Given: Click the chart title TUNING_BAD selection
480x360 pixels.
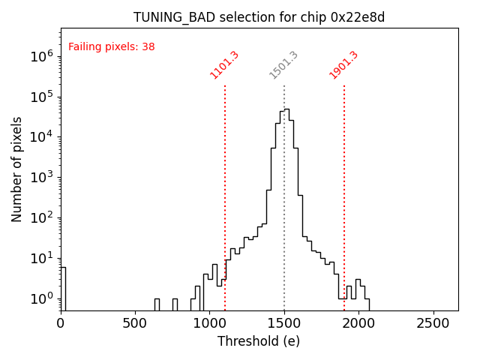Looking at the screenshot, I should pyautogui.click(x=259, y=17).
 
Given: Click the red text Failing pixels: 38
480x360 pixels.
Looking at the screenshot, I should pyautogui.click(x=111, y=46).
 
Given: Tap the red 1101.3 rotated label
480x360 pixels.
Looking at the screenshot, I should pyautogui.click(x=224, y=64).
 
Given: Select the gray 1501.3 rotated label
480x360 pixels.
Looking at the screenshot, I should pyautogui.click(x=283, y=64).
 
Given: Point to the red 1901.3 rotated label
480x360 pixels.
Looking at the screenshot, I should pyautogui.click(x=343, y=64).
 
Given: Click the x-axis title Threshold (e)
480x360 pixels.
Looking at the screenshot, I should pyautogui.click(x=259, y=341).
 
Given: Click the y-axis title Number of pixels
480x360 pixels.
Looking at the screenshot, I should pyautogui.click(x=17, y=169).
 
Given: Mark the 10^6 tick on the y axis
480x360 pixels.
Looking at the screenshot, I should pyautogui.click(x=39, y=56).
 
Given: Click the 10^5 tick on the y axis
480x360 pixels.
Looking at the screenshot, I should pyautogui.click(x=39, y=97).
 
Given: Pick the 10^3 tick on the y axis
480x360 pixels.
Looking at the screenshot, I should pyautogui.click(x=39, y=178).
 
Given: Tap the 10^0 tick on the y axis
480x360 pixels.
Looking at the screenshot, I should pyautogui.click(x=39, y=298).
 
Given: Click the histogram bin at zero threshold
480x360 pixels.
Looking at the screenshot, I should pyautogui.click(x=63, y=289).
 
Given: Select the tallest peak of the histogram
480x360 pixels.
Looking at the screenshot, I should pyautogui.click(x=286, y=109).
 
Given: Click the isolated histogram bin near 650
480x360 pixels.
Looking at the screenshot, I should pyautogui.click(x=157, y=304).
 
